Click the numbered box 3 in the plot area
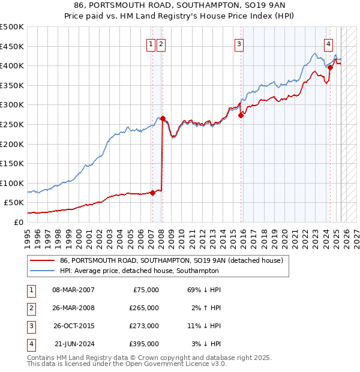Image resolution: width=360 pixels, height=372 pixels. [x=239, y=43]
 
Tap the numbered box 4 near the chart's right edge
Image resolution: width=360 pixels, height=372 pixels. [x=329, y=43]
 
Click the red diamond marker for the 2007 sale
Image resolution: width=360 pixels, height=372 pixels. [x=152, y=193]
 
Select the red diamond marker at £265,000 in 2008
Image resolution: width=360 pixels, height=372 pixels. [x=163, y=119]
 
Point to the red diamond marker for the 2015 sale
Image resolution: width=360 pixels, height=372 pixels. [x=241, y=115]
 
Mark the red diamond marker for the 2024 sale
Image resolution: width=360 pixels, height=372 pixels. [x=330, y=68]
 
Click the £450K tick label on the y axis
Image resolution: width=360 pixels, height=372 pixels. [x=12, y=46]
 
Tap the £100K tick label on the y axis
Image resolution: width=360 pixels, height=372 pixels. [x=12, y=183]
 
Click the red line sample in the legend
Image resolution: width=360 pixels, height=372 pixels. [x=43, y=260]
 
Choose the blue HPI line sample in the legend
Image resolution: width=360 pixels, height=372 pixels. [x=43, y=271]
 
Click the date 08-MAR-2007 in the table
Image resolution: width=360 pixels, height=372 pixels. [x=74, y=290]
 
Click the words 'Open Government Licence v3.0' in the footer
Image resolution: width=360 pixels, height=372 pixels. [x=174, y=364]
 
